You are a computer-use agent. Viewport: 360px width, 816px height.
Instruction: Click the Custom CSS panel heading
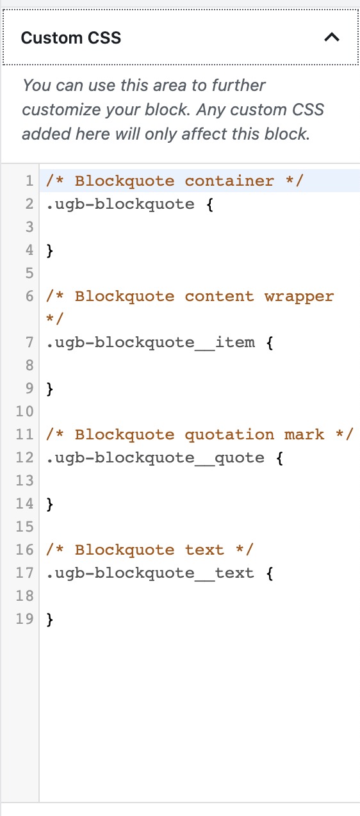(x=71, y=38)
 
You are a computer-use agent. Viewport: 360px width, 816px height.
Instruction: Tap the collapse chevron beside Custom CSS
(x=332, y=37)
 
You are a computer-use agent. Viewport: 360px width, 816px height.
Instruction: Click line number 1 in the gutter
(x=29, y=181)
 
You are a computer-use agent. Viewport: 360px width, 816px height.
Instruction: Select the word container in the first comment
(x=229, y=181)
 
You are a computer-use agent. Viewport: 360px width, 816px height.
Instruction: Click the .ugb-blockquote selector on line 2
(x=120, y=204)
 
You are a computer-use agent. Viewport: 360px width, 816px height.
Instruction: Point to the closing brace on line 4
(x=50, y=250)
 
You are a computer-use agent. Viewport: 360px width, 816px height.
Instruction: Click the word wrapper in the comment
(x=299, y=297)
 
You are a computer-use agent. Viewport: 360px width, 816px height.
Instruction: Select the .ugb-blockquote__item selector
(x=151, y=343)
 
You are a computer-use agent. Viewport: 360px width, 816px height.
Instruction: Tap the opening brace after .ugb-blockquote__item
(x=270, y=343)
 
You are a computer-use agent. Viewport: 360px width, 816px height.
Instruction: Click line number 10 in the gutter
(x=24, y=412)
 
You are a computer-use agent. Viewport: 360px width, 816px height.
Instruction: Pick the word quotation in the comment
(x=229, y=435)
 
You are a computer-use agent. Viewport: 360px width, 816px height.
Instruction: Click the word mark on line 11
(x=304, y=435)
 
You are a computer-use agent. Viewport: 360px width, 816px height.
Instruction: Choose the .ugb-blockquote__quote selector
(x=155, y=458)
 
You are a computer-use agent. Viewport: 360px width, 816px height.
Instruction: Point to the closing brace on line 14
(x=50, y=504)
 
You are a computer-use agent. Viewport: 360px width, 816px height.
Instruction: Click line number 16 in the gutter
(x=24, y=550)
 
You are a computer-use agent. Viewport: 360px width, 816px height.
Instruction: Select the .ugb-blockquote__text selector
(x=150, y=573)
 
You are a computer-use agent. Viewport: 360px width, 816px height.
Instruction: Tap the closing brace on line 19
(x=50, y=619)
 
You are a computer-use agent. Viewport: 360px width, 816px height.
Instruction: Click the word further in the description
(x=239, y=85)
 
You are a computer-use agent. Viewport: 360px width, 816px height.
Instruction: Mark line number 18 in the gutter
(x=24, y=596)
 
